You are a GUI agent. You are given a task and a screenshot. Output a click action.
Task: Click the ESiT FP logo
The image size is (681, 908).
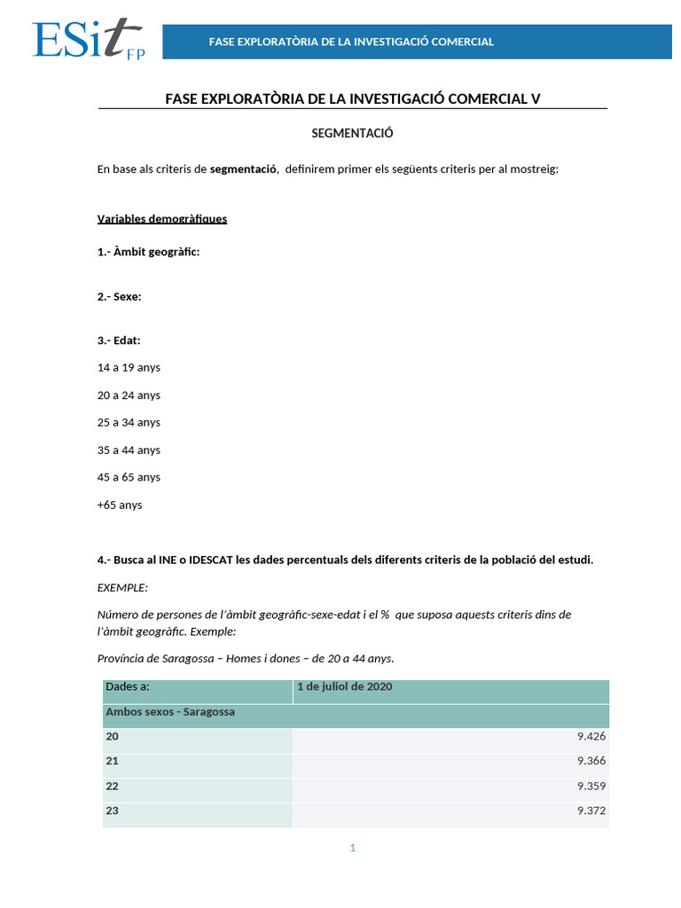[88, 41]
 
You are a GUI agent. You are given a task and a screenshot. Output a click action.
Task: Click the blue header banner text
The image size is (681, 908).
[351, 42]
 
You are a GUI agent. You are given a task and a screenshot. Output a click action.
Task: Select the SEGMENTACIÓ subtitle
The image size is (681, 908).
[352, 133]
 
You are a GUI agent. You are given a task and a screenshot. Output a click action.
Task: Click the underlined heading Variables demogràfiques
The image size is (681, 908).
[162, 218]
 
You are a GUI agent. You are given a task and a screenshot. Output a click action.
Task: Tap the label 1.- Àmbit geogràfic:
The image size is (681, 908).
[148, 252]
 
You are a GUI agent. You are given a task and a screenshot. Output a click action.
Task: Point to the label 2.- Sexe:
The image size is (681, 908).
[119, 297]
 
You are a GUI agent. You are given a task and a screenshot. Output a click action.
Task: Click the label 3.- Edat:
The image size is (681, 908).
[119, 340]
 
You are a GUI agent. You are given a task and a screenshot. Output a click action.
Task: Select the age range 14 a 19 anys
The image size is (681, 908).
[129, 367]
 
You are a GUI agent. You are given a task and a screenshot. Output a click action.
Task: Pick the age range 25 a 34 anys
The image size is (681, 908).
[129, 422]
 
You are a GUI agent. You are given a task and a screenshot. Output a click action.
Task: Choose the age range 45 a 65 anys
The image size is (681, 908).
[129, 477]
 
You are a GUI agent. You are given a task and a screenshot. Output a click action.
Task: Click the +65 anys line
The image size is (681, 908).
[120, 505]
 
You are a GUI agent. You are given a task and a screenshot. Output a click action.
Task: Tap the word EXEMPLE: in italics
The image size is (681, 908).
[122, 587]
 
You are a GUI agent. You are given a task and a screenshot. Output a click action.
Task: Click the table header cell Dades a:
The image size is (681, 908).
[128, 687]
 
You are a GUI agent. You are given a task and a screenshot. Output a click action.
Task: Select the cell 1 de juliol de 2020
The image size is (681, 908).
[345, 687]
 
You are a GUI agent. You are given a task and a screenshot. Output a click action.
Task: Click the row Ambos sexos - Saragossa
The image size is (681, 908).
[170, 712]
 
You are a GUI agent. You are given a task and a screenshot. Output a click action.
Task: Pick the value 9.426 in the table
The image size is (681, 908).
[591, 736]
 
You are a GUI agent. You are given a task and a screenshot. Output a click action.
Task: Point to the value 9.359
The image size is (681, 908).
[591, 786]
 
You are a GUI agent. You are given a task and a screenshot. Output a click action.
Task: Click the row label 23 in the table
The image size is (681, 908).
[112, 810]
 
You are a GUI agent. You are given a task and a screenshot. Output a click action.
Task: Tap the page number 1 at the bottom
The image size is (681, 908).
[352, 848]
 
